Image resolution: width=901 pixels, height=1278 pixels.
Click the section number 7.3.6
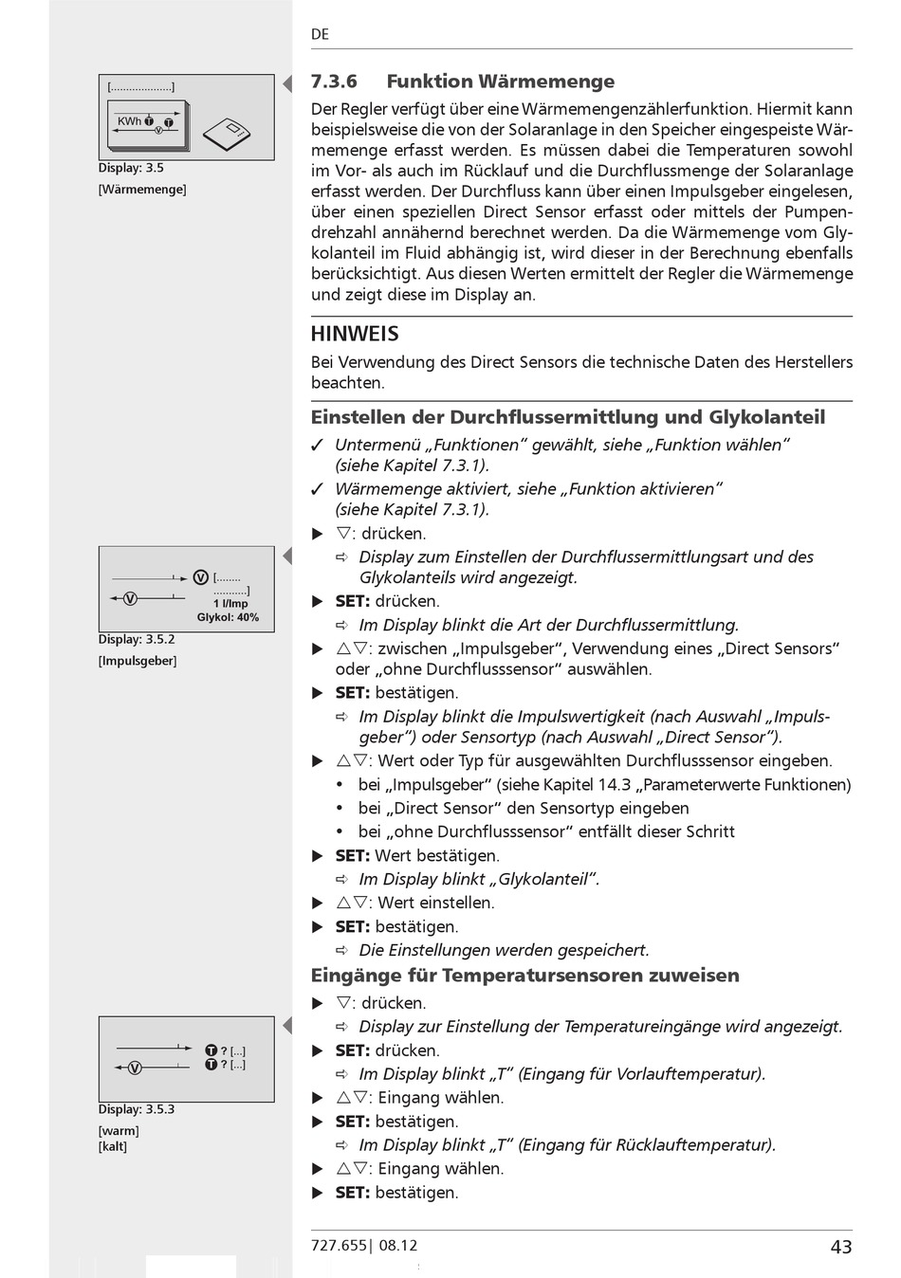pos(334,82)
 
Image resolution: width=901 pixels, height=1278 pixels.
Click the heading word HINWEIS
pos(355,334)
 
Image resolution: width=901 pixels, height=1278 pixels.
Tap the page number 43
pos(840,1247)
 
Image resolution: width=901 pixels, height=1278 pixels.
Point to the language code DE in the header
pos(320,34)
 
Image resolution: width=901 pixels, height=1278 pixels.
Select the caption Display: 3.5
pos(131,168)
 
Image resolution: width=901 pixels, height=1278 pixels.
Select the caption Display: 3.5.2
pos(137,640)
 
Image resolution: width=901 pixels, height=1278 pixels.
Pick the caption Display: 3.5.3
pos(137,1109)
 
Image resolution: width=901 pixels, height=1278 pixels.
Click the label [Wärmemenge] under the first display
pos(142,190)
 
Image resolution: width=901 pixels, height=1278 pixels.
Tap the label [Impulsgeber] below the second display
pos(138,661)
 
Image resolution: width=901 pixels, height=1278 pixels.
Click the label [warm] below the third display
pos(119,1131)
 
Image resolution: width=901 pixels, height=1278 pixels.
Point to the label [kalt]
pos(113,1146)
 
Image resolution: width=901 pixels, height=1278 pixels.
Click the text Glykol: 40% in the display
pos(228,617)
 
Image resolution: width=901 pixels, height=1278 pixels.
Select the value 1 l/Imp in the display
pos(230,603)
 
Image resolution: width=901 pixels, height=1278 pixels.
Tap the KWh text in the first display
pos(129,121)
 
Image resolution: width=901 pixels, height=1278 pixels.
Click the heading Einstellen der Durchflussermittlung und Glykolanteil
pos(568,417)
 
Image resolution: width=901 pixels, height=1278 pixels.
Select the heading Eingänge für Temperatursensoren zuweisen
pos(524,976)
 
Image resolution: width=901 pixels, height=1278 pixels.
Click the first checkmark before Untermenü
pos(319,445)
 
